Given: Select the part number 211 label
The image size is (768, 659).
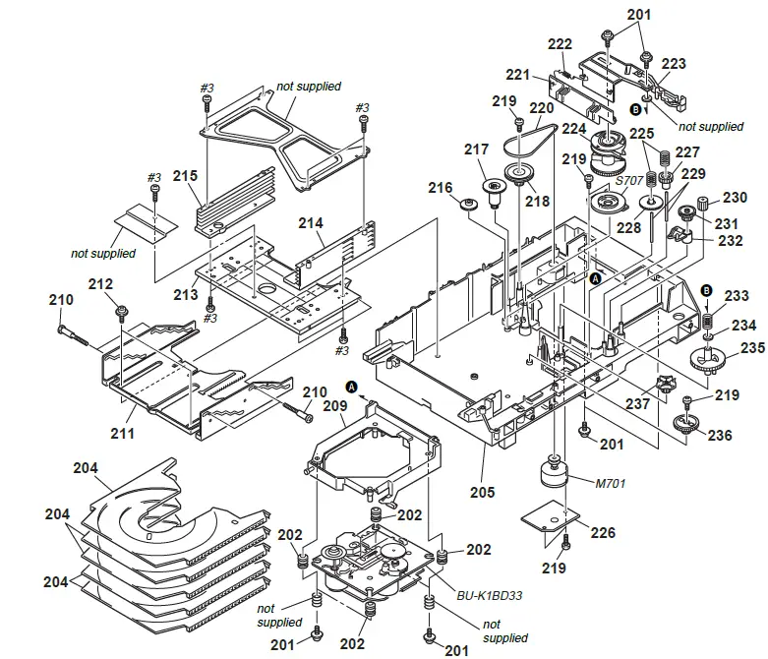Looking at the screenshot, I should pos(123,431).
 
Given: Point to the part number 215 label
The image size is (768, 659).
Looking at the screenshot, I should pos(185,176).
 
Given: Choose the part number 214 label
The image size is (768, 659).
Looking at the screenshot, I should pos(311,224).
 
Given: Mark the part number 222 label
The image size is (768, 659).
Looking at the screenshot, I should pos(560,44).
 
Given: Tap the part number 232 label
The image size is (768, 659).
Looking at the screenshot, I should pos(730,239).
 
